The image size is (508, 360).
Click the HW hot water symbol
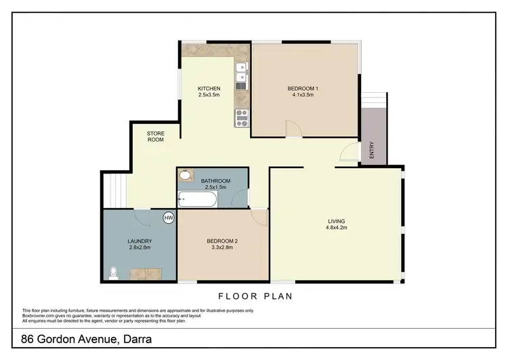click(x=168, y=218)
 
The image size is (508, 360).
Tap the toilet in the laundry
click(x=113, y=273)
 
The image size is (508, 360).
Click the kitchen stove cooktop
click(x=241, y=119)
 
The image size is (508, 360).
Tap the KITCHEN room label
click(x=209, y=89)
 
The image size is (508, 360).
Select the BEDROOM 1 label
click(x=300, y=89)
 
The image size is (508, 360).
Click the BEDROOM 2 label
click(x=221, y=241)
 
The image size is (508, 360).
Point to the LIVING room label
click(x=337, y=221)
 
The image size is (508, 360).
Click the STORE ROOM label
click(x=156, y=136)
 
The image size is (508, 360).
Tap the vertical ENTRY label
click(x=372, y=148)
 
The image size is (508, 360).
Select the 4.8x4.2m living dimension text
click(x=337, y=228)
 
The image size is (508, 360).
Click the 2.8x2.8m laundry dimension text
click(x=140, y=248)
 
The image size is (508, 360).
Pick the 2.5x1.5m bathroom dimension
click(x=216, y=187)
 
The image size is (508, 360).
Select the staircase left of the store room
click(x=114, y=190)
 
